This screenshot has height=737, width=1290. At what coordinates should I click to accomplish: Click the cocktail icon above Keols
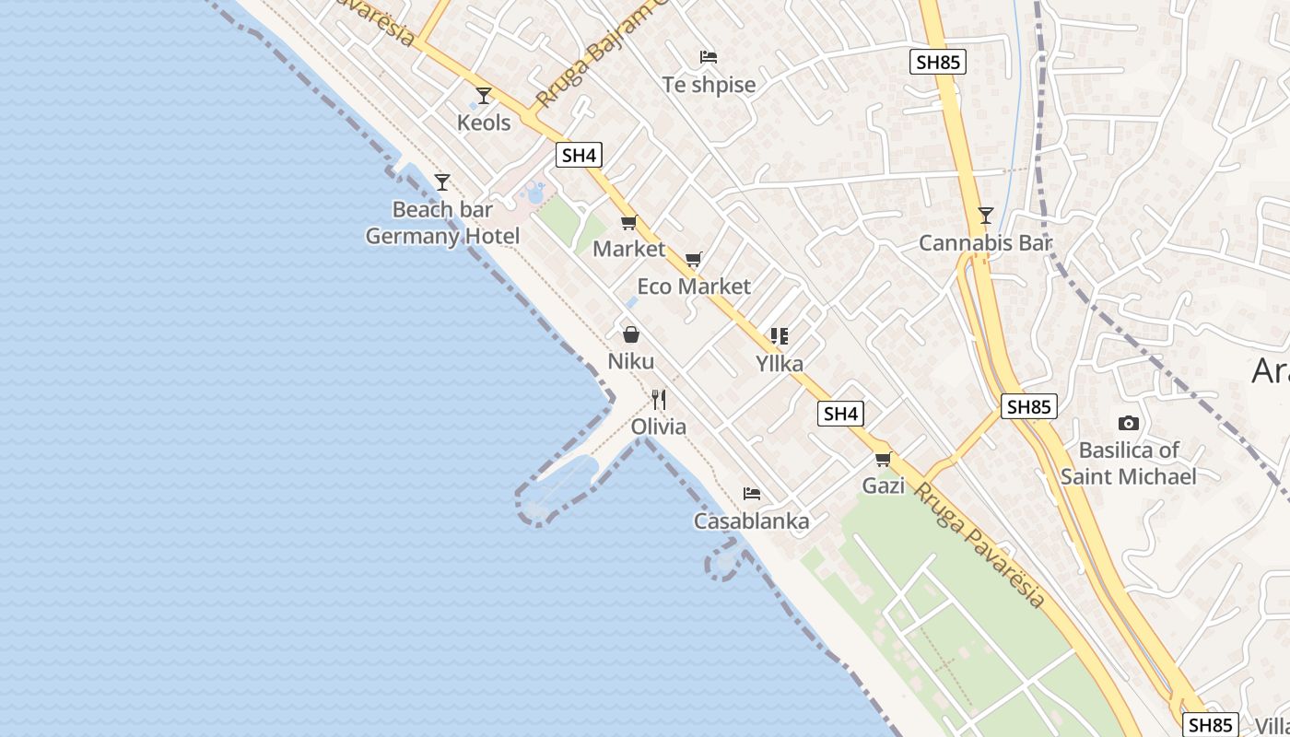coord(484,95)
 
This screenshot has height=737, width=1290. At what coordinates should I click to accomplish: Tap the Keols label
coord(484,123)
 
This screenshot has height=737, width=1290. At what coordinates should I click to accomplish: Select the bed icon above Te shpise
coord(709,57)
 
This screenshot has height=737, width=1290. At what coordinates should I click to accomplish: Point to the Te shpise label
coord(709,85)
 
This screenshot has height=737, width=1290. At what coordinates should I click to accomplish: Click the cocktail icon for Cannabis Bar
coord(986,216)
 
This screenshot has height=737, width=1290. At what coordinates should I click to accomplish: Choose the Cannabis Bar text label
coord(985,243)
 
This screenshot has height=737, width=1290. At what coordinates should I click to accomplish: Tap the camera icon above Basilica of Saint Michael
coord(1128,424)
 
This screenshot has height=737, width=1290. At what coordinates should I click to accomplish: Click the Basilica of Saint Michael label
coord(1128,463)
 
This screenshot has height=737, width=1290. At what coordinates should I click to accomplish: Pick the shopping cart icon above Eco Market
coord(694,259)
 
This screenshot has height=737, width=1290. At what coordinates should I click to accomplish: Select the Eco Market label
coord(694,287)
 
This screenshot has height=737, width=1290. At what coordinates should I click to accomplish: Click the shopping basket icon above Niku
coord(631,333)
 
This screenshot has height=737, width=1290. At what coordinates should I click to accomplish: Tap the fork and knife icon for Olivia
coord(658,399)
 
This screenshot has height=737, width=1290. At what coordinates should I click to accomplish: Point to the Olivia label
coord(658,427)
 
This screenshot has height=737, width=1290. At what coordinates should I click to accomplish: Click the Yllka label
coord(780,364)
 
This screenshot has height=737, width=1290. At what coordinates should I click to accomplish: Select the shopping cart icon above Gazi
coord(883,458)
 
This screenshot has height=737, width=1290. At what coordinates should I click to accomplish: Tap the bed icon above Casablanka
coord(752,494)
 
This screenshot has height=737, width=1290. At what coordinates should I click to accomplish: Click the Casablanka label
coord(752,521)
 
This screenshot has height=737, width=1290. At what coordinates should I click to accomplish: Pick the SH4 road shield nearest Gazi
coord(840,415)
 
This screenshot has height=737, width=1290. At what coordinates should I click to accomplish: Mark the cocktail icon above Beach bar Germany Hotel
coord(442,181)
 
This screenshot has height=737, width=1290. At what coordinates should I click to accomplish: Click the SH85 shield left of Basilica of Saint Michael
coord(1028,406)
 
